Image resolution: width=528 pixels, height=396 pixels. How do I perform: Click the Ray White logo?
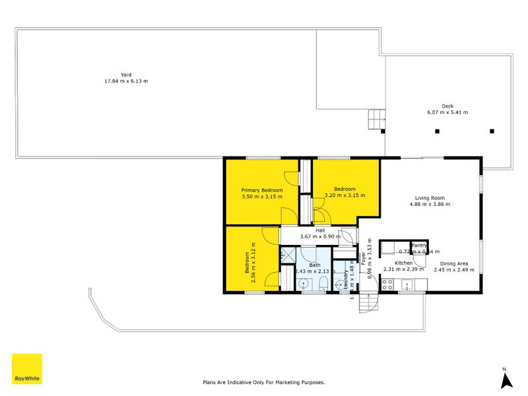[26, 369]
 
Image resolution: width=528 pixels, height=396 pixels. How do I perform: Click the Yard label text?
[125, 75]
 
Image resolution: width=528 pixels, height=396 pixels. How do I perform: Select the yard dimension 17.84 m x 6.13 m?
[125, 82]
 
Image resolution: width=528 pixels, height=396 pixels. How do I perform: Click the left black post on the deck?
[437, 131]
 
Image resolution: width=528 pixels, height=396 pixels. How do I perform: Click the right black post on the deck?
[492, 131]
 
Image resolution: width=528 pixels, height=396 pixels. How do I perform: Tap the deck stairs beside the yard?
[376, 120]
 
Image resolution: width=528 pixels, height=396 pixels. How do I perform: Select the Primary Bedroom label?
[261, 190]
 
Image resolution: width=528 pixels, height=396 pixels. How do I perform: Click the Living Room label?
[429, 197]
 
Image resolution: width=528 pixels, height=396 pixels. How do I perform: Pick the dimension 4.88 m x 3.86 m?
[429, 205]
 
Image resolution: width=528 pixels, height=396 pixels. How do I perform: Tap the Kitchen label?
[403, 263]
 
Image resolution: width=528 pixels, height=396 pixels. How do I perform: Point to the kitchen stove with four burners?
[388, 285]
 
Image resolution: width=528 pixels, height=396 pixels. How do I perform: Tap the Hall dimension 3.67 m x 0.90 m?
[320, 236]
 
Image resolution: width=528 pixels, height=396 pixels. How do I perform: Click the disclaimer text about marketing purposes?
[263, 381]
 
